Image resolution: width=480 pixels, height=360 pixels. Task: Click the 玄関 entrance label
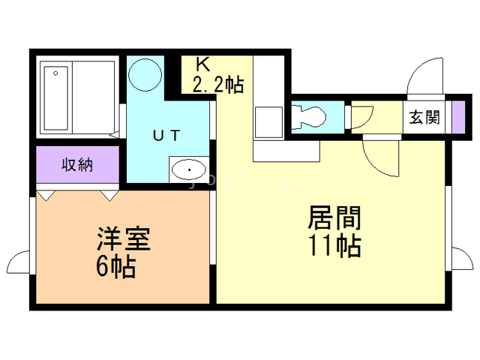click(x=424, y=117)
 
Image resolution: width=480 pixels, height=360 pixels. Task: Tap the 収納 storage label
click(x=77, y=164)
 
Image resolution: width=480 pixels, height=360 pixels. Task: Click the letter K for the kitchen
click(x=203, y=65)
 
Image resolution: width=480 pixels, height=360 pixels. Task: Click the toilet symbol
click(x=310, y=115)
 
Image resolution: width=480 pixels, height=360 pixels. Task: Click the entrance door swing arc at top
click(x=420, y=77)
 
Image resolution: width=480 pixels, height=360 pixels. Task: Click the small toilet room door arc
click(x=361, y=117)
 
